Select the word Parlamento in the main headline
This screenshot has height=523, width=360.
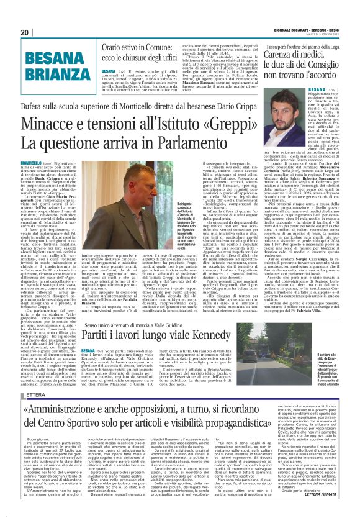coord(192,142)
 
